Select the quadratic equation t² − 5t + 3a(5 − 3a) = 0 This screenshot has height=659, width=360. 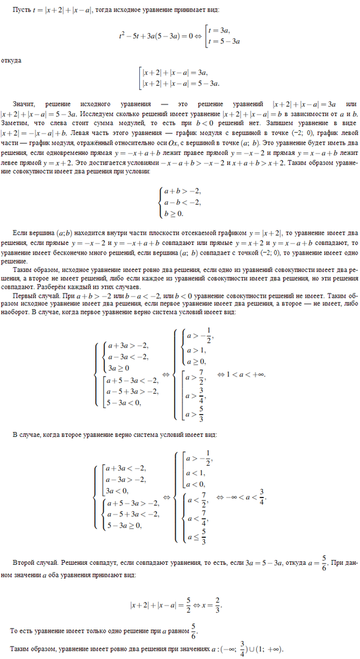[x=157, y=35]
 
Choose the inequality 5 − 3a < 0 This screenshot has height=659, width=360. [x=123, y=403]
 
